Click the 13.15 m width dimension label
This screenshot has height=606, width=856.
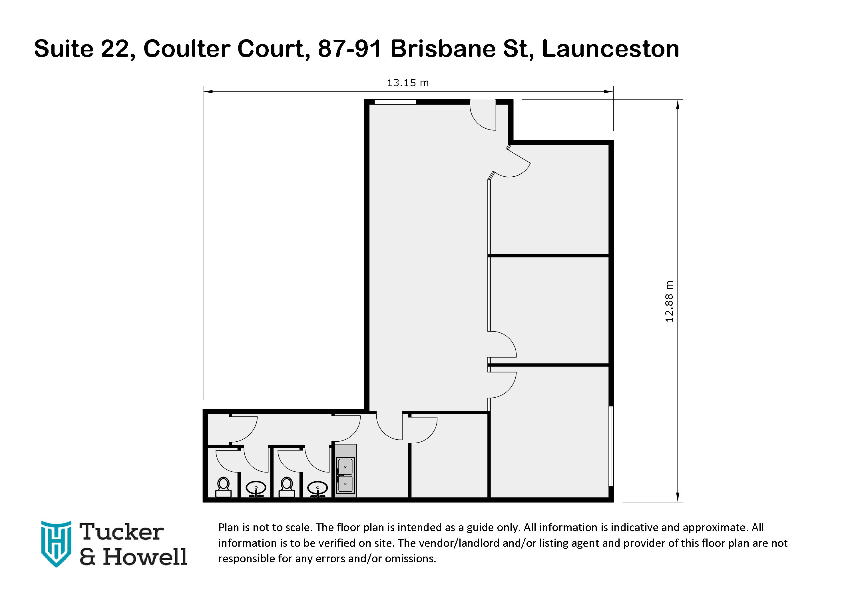click(407, 83)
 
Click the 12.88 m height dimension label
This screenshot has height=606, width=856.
click(670, 302)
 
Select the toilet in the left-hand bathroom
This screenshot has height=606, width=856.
click(223, 487)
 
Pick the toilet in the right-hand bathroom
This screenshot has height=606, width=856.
click(287, 487)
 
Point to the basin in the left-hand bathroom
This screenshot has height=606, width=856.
click(256, 488)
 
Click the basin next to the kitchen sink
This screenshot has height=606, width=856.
click(318, 488)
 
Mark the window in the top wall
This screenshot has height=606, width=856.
click(395, 101)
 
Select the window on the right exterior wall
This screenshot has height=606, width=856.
click(611, 446)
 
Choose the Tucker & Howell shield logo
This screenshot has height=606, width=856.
click(56, 543)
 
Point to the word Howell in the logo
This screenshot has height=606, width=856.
click(145, 557)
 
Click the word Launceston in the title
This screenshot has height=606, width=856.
click(610, 49)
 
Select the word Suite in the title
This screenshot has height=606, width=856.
click(63, 49)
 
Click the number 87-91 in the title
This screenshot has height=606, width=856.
click(349, 49)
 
